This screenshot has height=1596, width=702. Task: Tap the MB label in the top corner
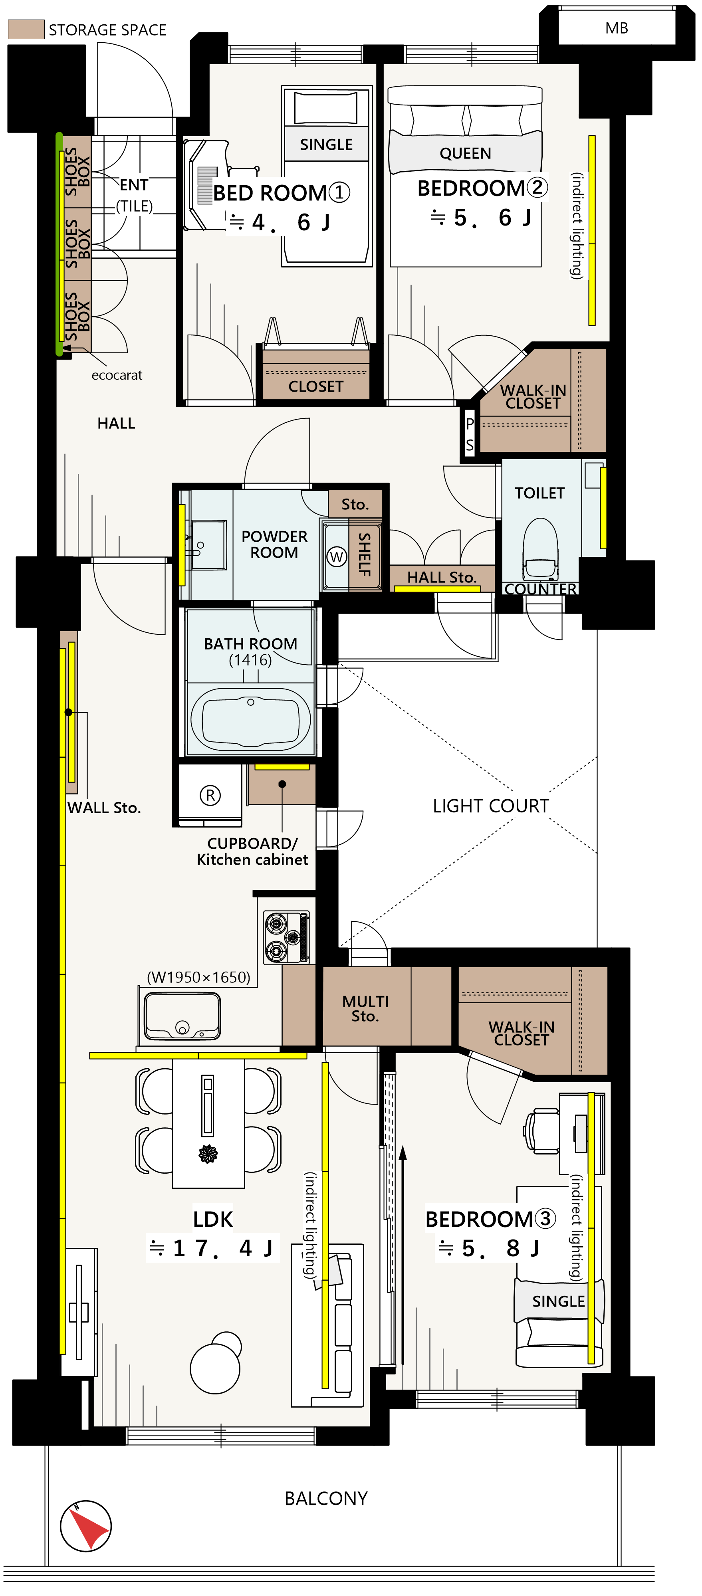[x=617, y=28]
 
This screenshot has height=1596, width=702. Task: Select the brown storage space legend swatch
[x=26, y=29]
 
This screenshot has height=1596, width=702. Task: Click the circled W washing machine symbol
[x=337, y=556]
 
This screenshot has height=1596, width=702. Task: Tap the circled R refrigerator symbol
[x=210, y=795]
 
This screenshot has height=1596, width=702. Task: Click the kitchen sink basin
[x=182, y=1016]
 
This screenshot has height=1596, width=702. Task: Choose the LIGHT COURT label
[x=491, y=806]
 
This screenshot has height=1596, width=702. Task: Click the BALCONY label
[x=326, y=1498]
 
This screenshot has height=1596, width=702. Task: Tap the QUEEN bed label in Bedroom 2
[x=465, y=153]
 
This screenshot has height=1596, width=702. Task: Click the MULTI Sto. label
[x=365, y=1009]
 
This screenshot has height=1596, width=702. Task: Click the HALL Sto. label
[x=441, y=577]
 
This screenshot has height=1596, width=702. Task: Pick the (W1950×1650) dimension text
[x=198, y=977]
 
